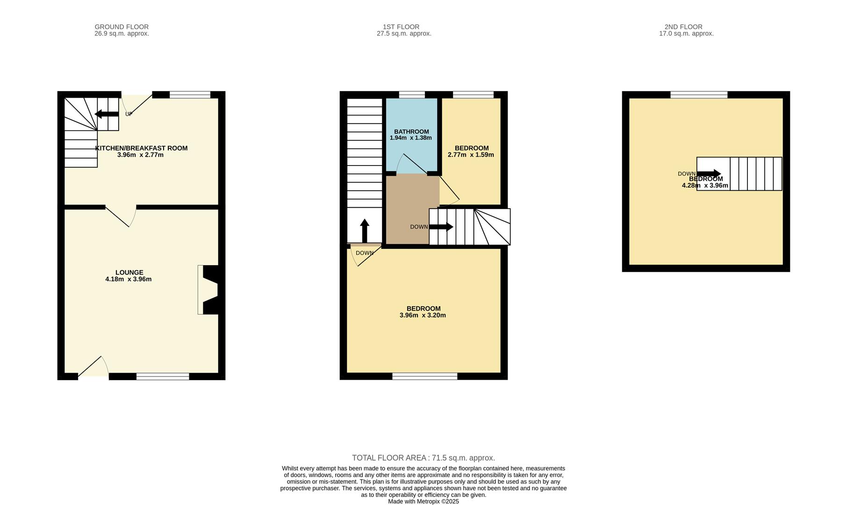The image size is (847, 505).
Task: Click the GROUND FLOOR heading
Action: pos(122,27)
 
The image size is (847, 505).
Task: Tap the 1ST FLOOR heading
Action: pos(401,27)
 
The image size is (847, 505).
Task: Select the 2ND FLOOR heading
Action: pos(683,27)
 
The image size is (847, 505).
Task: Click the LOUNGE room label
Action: pos(129,273)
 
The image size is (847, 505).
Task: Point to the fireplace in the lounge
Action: pos(208,290)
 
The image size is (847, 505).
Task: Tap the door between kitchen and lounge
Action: pos(121,216)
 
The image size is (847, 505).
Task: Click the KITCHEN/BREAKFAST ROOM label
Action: pos(141,148)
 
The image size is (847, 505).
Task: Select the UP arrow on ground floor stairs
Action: pos(107,114)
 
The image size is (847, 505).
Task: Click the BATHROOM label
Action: pos(411,132)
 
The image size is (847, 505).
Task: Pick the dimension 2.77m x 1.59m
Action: pos(471,155)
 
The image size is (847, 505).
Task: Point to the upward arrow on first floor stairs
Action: pos(365,230)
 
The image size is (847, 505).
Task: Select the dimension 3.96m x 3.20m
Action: pos(423,315)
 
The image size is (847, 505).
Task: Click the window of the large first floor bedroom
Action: pos(424,376)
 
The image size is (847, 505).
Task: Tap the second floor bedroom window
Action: pos(699,95)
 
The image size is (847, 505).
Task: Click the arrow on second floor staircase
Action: pos(709,174)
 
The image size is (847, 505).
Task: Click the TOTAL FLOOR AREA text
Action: pos(423,458)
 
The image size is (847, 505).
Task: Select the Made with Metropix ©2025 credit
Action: pos(423,501)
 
